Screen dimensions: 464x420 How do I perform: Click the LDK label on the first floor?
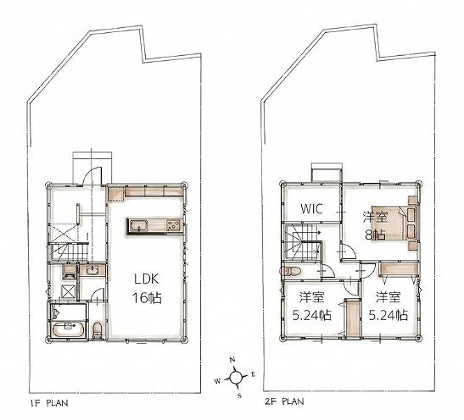pos(147,279)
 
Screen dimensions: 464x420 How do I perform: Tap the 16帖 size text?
pos(147,298)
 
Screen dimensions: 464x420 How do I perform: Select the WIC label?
pos(311,208)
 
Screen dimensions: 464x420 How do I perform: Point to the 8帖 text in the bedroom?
pos(375,235)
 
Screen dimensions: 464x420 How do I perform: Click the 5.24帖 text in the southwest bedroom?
pos(312,316)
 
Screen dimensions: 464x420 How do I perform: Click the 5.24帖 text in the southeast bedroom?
pos(389,316)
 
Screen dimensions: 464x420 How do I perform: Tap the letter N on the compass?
pos(232,359)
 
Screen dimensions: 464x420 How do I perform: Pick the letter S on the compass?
pos(240,395)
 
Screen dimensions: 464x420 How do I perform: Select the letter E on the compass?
pos(253,374)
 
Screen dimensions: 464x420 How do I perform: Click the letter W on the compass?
pos(217,381)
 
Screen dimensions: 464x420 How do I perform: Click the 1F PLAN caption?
pos(49,403)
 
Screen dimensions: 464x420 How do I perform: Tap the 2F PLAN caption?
pos(284,401)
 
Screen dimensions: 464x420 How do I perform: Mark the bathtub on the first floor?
pos(69,329)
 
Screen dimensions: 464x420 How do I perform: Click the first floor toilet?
pos(97,330)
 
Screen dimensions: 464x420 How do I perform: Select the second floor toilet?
pos(291,271)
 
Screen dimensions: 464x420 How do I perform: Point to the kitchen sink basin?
pos(138,226)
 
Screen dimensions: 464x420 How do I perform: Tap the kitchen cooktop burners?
pos(174,225)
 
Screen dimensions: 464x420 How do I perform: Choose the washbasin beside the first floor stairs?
pos(92,269)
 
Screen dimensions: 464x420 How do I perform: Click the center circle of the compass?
pos(235,378)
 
